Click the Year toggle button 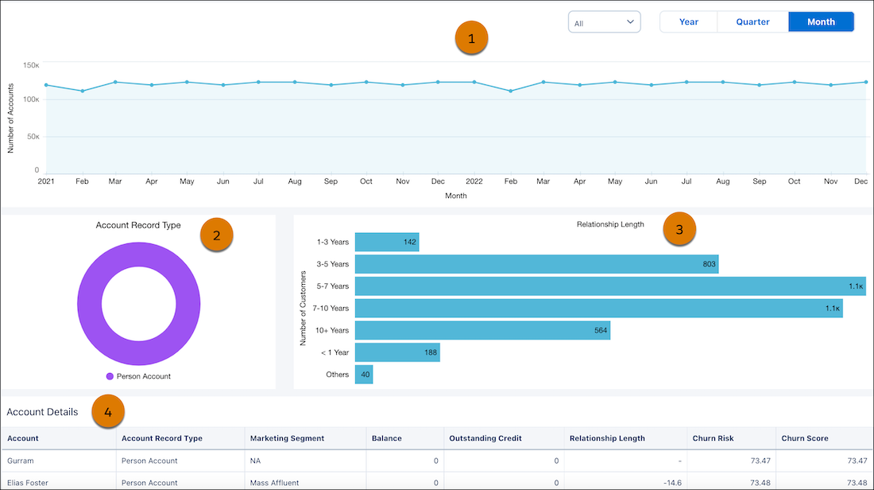pos(688,21)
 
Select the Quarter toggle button pos(752,21)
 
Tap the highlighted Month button pos(821,21)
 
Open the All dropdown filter pos(605,22)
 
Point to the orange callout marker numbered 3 pos(680,230)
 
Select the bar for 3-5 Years pos(536,264)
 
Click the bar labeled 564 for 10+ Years pos(482,330)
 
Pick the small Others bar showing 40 pos(364,375)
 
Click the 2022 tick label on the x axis pos(474,181)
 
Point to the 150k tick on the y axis pos(31,65)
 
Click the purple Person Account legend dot pos(110,376)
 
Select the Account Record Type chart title pos(138,225)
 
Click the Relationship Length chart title pos(610,224)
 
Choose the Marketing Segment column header pos(287,438)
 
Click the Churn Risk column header pos(714,438)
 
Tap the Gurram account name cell pos(21,461)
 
